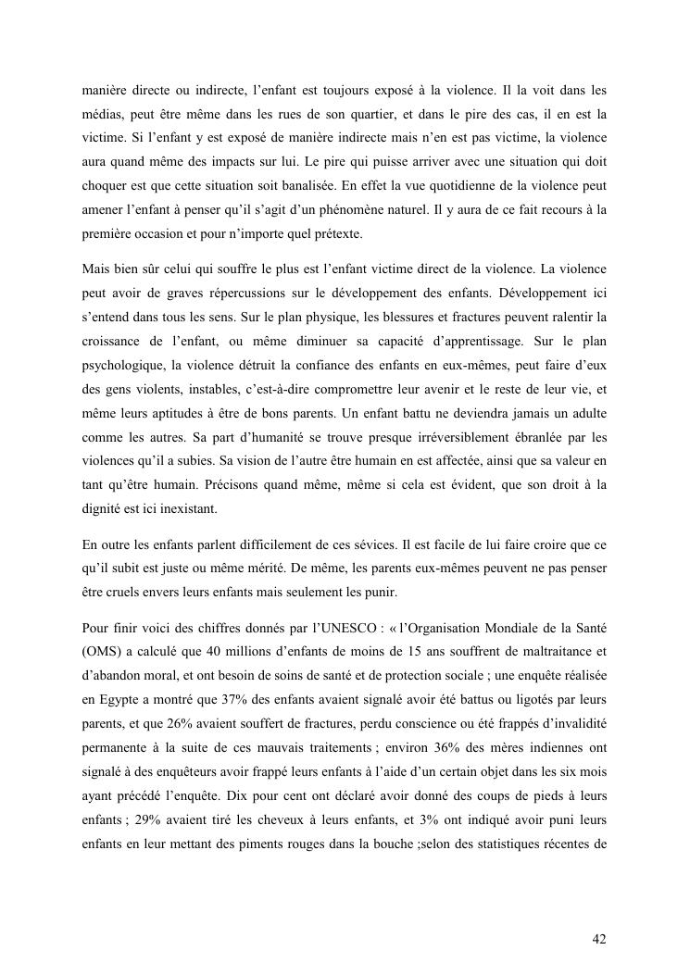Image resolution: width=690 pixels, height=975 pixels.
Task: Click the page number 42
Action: pyautogui.click(x=599, y=938)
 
